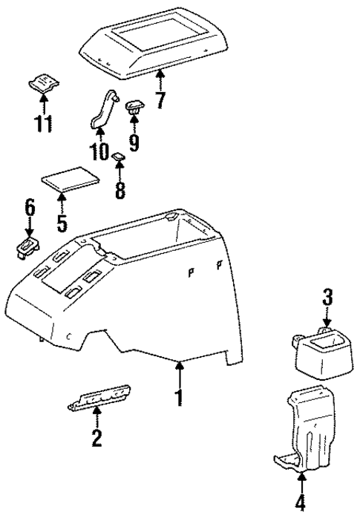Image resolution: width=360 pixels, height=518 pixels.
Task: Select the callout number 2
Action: pyautogui.click(x=96, y=438)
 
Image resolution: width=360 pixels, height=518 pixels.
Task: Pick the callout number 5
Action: pyautogui.click(x=62, y=220)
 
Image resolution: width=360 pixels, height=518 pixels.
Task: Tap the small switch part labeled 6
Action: pyautogui.click(x=26, y=246)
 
